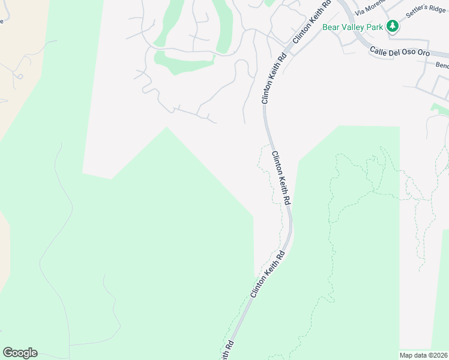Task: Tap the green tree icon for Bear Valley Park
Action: [393, 26]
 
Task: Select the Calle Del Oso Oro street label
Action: [399, 52]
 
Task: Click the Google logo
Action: [20, 353]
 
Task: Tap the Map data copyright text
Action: [424, 355]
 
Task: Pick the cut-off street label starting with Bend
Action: [442, 65]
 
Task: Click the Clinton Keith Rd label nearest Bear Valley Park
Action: [312, 22]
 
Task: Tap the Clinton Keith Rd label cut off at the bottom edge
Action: [227, 351]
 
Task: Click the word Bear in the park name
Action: [331, 27]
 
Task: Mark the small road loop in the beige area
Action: [19, 76]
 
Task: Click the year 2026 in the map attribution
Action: [440, 355]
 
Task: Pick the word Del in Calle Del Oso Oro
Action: [396, 52]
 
